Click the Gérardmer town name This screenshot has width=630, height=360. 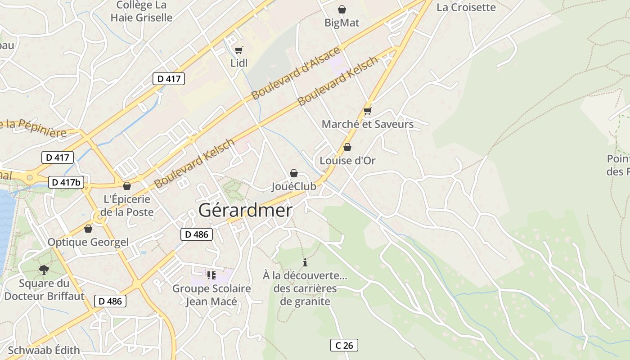(x=245, y=210)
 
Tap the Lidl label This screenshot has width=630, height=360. (x=239, y=63)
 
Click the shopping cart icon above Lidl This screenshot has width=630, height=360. (x=239, y=50)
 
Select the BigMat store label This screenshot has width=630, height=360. (x=342, y=22)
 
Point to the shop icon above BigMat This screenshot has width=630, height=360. (x=342, y=9)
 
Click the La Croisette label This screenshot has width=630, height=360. (x=466, y=7)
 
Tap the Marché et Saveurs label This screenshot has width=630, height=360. (x=368, y=124)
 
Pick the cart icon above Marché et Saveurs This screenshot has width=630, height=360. (x=367, y=111)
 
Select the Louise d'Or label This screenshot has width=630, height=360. (x=347, y=161)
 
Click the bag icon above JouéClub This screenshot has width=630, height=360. (x=294, y=173)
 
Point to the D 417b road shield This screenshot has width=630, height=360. (x=66, y=182)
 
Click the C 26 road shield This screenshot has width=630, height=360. (x=344, y=345)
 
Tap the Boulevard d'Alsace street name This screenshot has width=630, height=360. (x=296, y=73)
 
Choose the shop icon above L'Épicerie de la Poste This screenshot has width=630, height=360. (x=127, y=186)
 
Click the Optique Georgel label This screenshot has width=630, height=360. (x=88, y=242)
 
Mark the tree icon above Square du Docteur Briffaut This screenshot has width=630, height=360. (x=44, y=270)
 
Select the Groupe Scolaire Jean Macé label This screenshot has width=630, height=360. (x=211, y=295)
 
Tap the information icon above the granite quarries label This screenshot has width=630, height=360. (x=305, y=262)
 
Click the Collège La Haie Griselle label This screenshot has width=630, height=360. (x=141, y=11)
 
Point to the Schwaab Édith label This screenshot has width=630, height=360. (x=44, y=350)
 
